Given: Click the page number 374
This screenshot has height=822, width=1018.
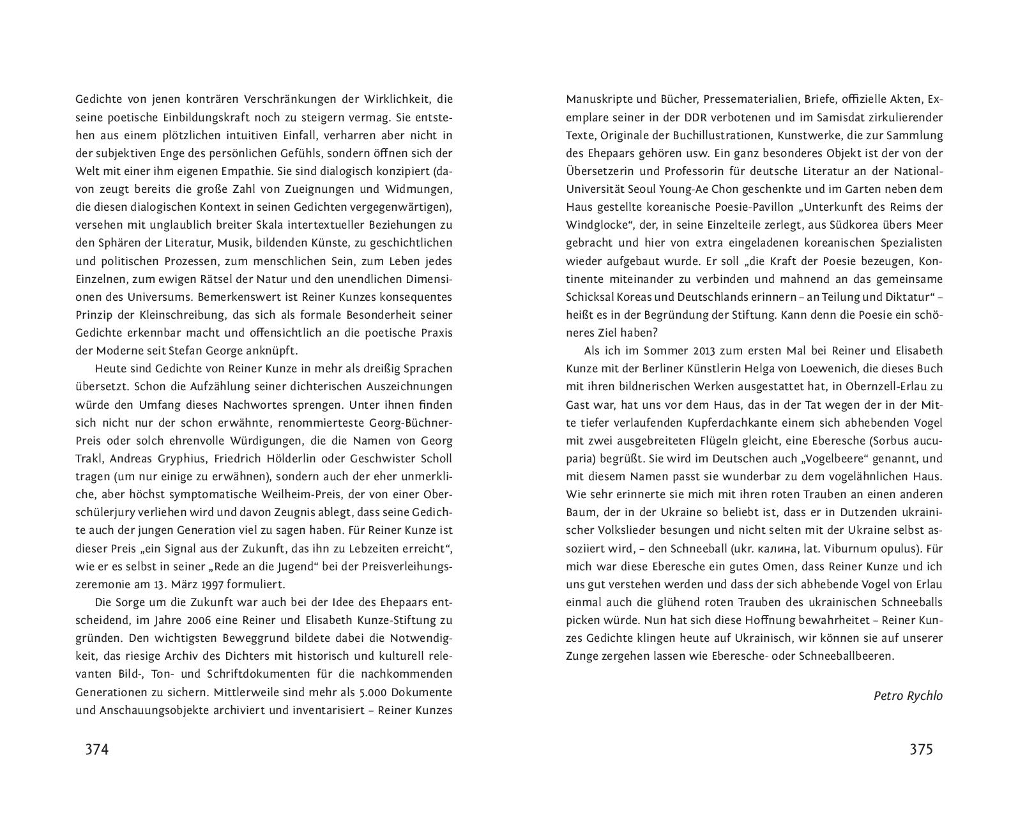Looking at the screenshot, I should (x=97, y=749).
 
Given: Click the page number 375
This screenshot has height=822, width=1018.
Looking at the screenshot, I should (x=921, y=749).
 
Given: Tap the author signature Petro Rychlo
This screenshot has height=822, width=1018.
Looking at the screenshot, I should (x=908, y=696).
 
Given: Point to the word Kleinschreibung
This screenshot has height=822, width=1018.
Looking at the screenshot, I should (x=192, y=315).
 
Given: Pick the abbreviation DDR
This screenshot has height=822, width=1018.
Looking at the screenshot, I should (x=699, y=118).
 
